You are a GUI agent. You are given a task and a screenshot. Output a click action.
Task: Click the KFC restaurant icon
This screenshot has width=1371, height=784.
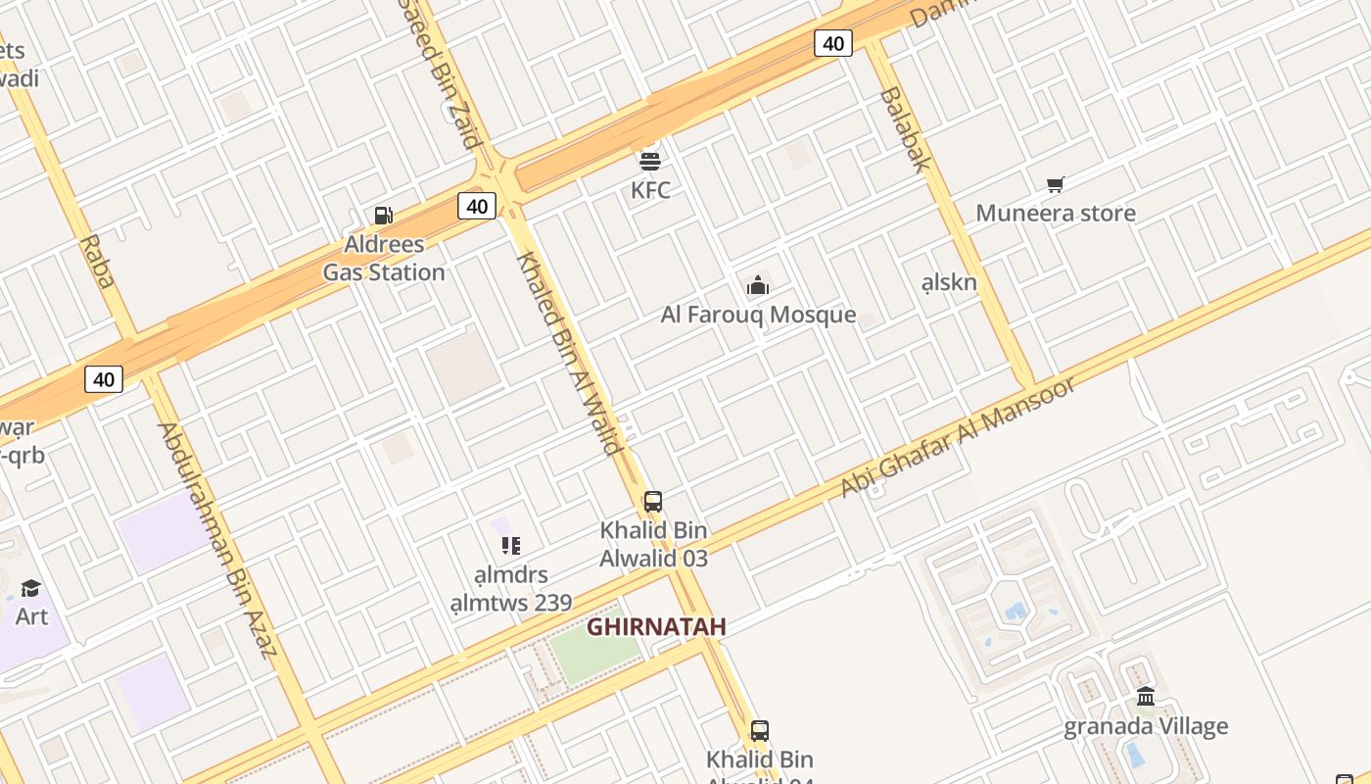coord(650,159)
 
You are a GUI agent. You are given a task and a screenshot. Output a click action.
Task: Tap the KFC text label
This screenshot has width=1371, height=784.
coord(650,190)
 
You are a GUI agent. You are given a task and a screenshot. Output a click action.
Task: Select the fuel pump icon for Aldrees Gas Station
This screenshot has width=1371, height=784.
coord(384,216)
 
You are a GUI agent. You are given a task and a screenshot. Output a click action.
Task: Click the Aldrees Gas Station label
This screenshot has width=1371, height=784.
coord(384,259)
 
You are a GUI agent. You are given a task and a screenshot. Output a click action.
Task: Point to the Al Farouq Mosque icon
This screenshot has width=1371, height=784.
coord(758,286)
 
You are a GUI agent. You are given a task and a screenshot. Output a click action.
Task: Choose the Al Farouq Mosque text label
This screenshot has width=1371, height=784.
coord(758,316)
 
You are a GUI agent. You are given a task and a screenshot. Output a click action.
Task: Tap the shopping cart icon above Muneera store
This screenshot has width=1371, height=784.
coord(1055,184)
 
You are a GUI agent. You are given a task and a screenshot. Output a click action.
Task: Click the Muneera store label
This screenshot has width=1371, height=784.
coord(1056,214)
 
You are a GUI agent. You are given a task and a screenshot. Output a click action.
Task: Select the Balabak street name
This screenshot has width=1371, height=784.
coord(904,128)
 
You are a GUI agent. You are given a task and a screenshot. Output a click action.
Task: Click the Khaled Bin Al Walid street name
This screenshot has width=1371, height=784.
coord(570,353)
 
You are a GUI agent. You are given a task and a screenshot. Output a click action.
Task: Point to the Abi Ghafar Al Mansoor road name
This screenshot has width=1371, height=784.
coord(959,434)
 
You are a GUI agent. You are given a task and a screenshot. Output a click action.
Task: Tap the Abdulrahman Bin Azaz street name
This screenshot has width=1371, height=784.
coord(217,539)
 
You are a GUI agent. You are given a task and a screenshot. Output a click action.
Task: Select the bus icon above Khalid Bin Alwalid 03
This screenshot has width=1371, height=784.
coord(653,502)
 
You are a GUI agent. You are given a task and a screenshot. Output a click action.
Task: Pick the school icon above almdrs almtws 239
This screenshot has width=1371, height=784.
coord(510,546)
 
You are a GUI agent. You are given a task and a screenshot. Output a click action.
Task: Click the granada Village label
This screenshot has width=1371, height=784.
coord(1146,727)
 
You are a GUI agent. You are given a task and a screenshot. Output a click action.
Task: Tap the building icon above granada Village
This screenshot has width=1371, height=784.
coord(1146,697)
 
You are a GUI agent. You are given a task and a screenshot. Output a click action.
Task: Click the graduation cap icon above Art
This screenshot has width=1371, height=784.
coord(31,588)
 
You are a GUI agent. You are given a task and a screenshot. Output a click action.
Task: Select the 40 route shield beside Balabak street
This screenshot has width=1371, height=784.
coord(833,43)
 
